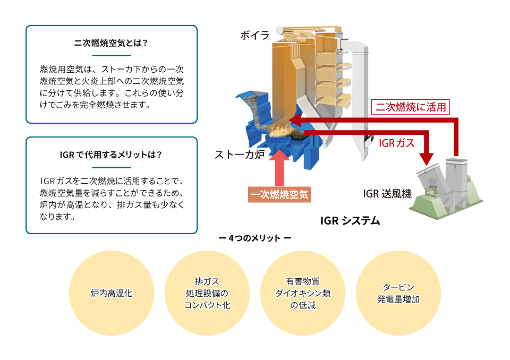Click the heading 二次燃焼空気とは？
tap(111, 43)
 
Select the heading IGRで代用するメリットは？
tap(111, 155)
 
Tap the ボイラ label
tap(255, 35)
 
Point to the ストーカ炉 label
tap(240, 155)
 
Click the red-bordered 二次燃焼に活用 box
tap(411, 107)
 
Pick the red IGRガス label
tap(397, 143)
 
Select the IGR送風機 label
tap(387, 194)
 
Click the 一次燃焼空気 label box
tap(279, 194)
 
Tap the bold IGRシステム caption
tap(350, 221)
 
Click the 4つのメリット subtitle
tap(255, 238)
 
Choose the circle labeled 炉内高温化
tap(111, 293)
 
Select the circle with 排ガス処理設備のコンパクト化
tap(207, 293)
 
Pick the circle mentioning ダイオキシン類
tap(303, 293)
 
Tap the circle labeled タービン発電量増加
tap(398, 293)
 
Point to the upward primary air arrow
tap(279, 168)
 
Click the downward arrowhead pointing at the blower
tap(426, 160)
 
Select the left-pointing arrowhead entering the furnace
tap(295, 121)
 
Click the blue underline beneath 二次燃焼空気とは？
tap(111, 56)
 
